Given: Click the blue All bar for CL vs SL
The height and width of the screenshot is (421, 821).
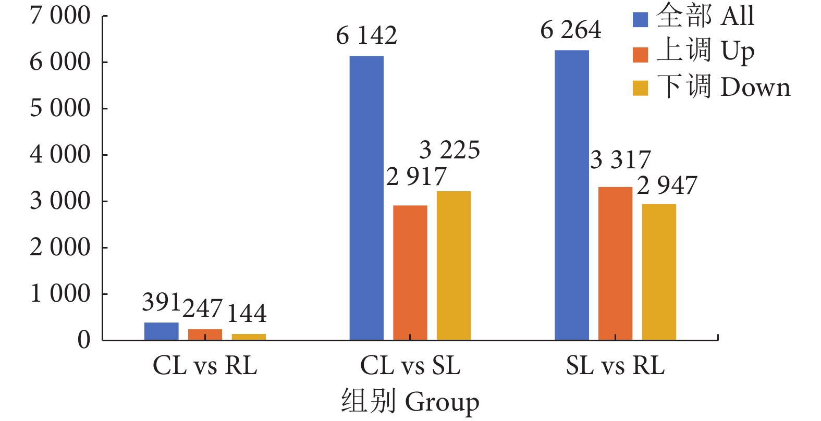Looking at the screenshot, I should coord(366,198).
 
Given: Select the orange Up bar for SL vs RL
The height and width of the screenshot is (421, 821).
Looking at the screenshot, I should coord(615,264).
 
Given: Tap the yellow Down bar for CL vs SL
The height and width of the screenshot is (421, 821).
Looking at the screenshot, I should coord(454,266).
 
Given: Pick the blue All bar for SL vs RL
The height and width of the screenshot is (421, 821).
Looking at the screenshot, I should coord(572,195).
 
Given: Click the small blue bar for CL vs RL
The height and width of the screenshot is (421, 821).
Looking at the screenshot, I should coord(161,331).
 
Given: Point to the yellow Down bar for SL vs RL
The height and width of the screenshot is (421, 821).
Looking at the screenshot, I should coord(659,272).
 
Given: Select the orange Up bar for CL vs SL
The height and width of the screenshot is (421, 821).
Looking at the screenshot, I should coord(410,273).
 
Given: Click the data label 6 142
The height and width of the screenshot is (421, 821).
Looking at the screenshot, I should coord(366,36).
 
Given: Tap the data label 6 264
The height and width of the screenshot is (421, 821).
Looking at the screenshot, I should coord(571,30).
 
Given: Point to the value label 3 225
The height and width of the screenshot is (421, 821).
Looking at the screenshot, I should coord(449,151).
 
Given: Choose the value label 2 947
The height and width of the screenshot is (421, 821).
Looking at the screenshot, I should coord(667,186).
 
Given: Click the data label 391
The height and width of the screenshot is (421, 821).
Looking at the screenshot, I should coord(161,303).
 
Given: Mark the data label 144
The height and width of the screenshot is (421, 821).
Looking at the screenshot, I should coord(247,313).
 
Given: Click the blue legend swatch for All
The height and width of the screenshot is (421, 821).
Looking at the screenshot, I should coord(640,19).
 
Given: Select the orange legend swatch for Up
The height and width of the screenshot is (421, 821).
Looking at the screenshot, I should coord(640,54).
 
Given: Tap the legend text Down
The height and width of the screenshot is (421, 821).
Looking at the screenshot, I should coord(756,88).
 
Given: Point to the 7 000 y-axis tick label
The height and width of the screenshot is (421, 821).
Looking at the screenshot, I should coord(60,16).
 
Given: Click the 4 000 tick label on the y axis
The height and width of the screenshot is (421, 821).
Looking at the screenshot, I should coord(60,155).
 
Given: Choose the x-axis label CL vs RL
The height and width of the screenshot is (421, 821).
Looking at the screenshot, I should coord(205,366).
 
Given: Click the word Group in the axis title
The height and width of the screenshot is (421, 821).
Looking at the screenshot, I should coord(442,402).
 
